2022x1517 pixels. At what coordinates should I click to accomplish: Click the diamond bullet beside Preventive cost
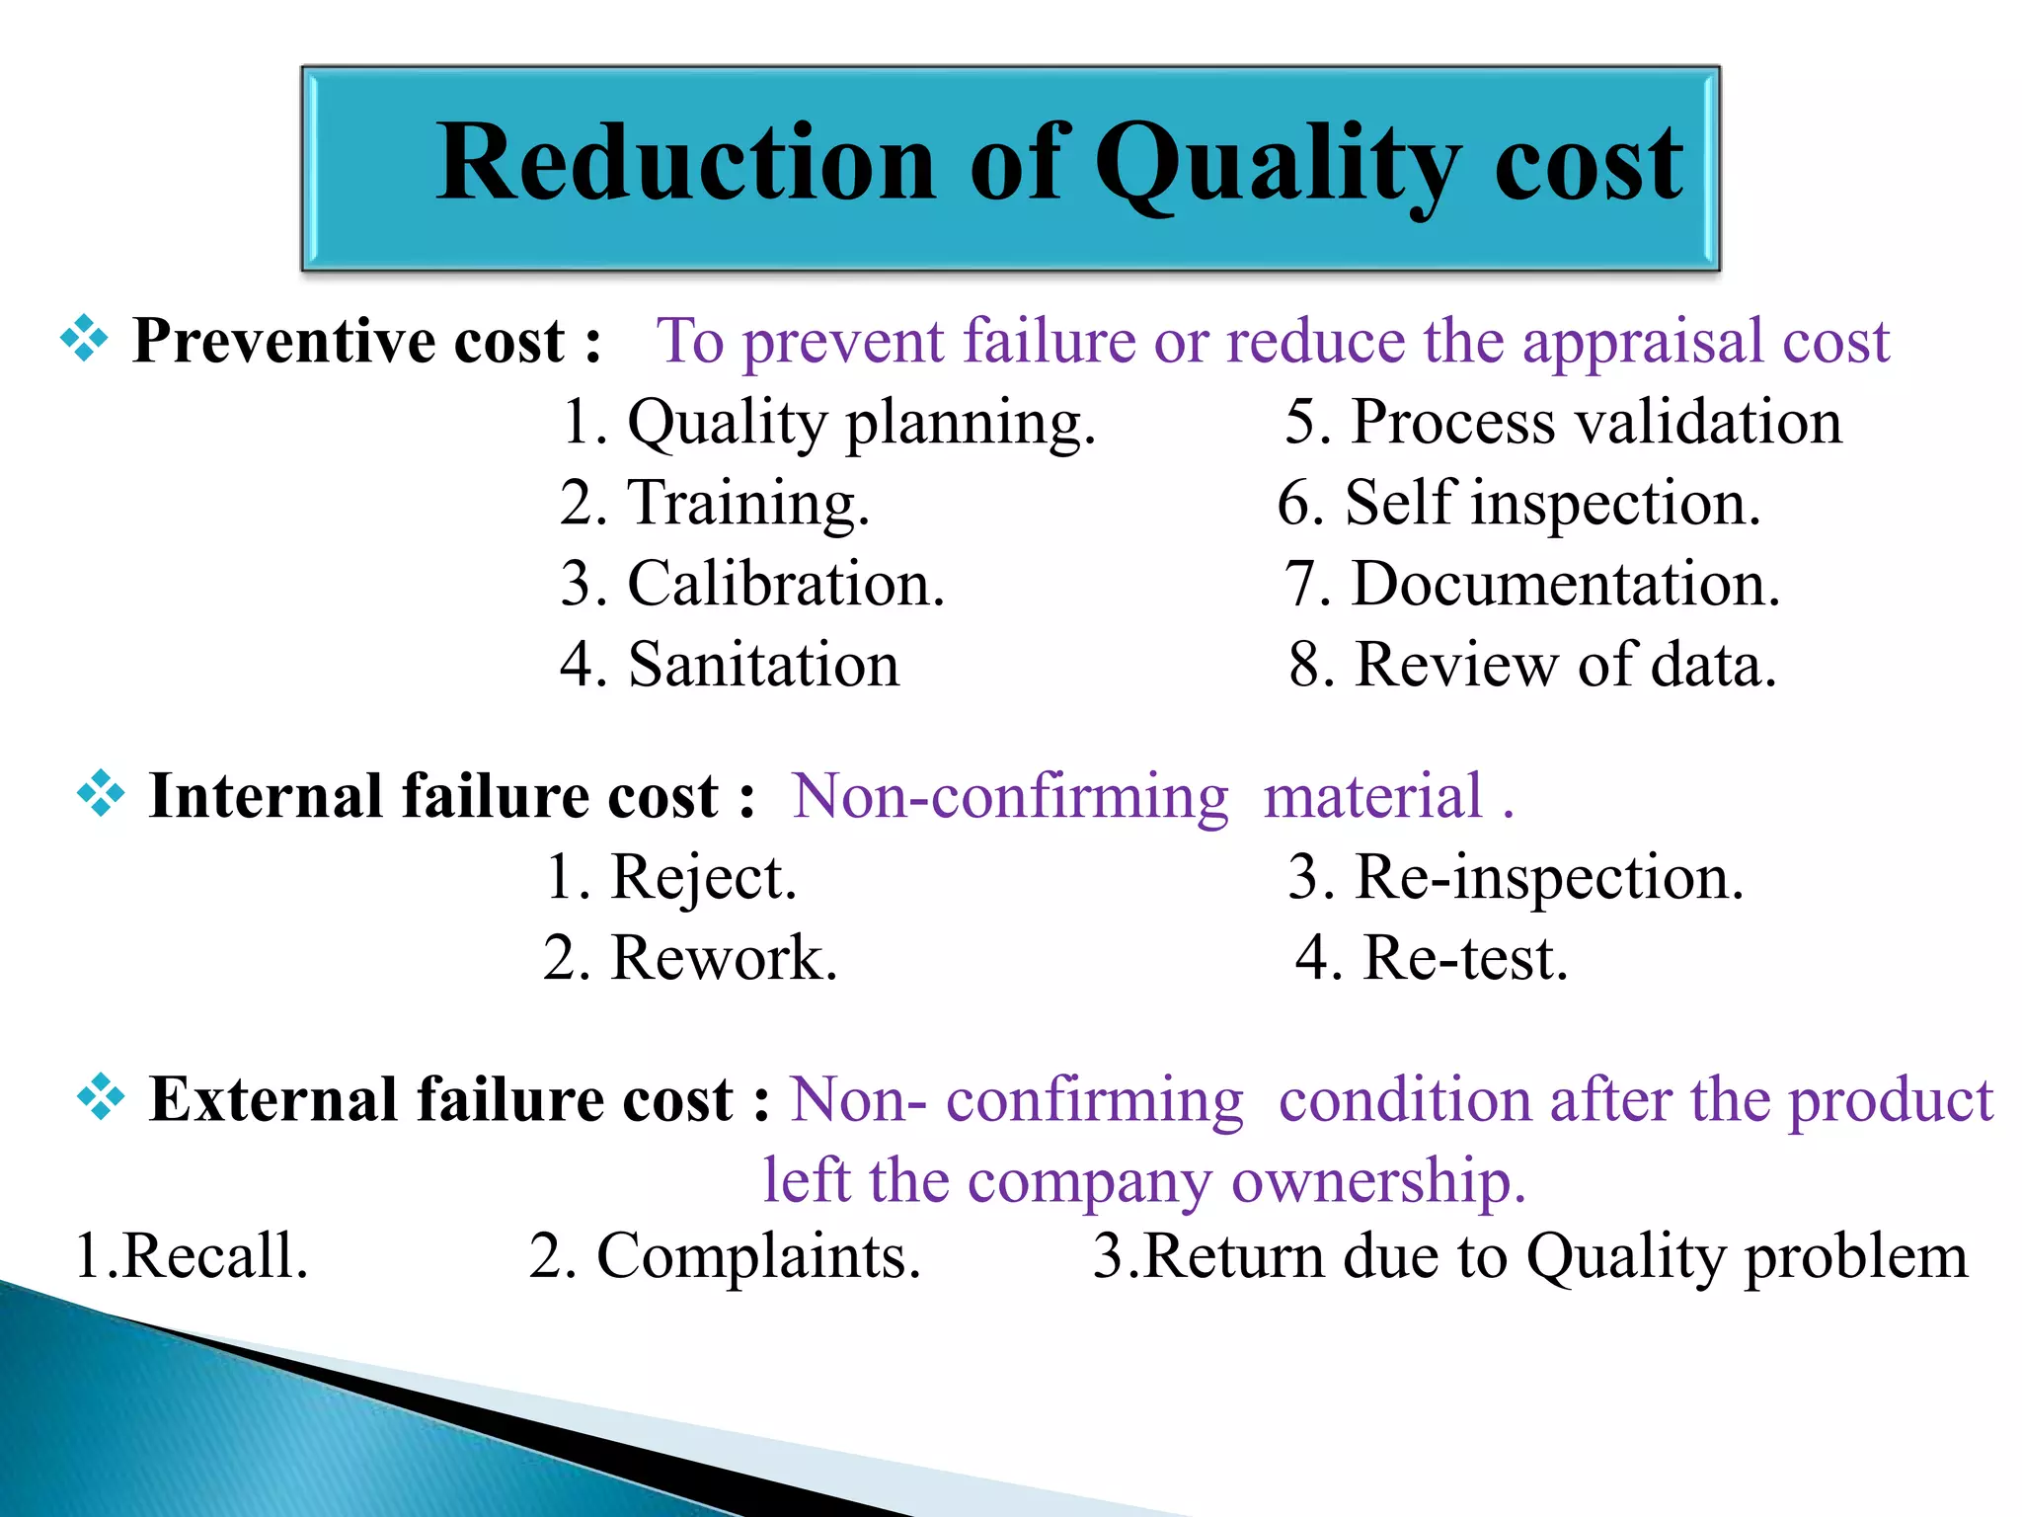tap(84, 339)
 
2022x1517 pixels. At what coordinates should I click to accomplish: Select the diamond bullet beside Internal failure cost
tap(101, 793)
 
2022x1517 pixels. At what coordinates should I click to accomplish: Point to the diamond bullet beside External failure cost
tap(101, 1097)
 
